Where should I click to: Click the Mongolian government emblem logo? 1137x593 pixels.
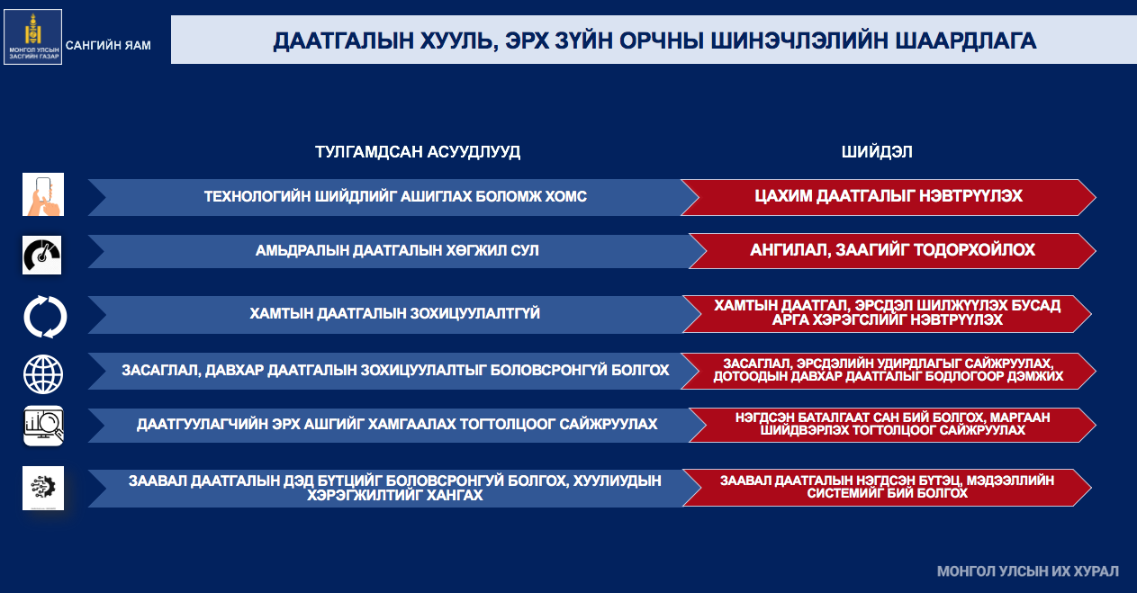coord(33,37)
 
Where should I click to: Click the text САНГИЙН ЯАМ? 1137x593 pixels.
coord(108,46)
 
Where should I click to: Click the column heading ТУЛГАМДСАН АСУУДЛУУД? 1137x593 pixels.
coord(417,152)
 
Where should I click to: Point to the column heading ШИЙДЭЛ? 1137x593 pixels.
coord(877,152)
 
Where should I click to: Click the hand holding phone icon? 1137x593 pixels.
coord(43,194)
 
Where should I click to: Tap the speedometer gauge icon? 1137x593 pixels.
coord(41,256)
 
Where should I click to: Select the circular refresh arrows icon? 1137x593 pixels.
coord(45,317)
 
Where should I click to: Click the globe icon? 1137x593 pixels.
coord(43,374)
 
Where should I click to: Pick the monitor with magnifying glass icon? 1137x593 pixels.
coord(43,427)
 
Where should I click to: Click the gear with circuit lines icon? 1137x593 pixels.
coord(43,488)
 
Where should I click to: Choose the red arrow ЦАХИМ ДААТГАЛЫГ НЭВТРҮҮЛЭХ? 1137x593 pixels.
coord(889,197)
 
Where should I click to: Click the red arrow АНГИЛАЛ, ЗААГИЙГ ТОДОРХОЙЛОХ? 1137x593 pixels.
coord(892,250)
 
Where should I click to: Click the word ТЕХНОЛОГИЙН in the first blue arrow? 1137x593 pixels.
coord(257,196)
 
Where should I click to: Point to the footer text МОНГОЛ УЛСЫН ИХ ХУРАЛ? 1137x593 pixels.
coord(1028,571)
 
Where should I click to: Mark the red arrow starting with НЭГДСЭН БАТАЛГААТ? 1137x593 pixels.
coord(892,425)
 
